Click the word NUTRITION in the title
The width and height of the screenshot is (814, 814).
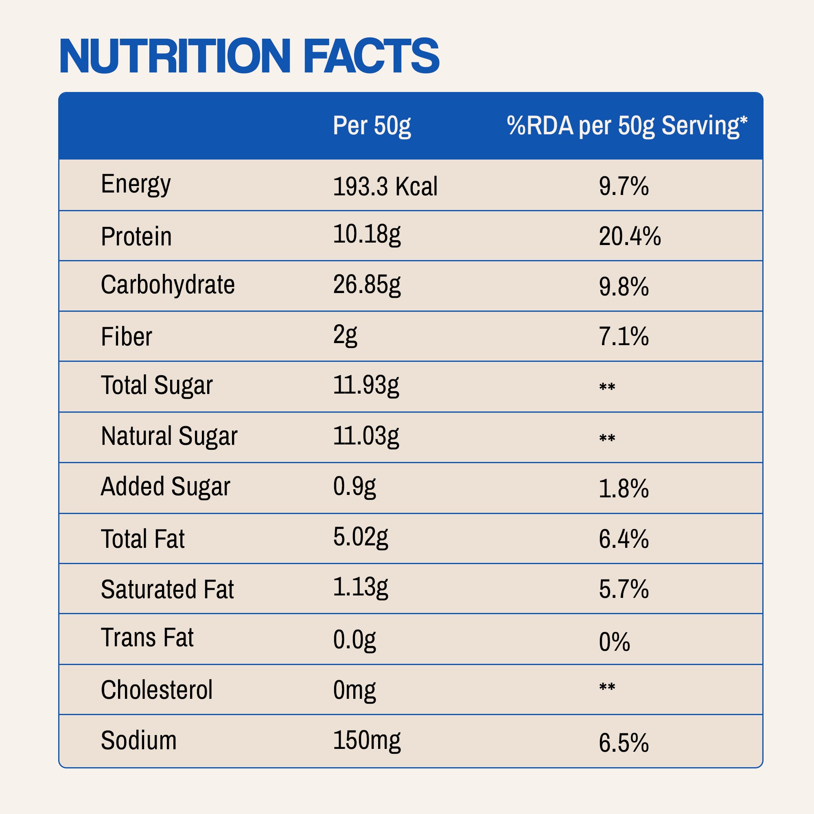coord(175,56)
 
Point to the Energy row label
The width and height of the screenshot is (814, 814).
coord(136,184)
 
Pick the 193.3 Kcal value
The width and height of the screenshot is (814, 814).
coord(385,186)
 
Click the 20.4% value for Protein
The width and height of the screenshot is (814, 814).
coord(630,236)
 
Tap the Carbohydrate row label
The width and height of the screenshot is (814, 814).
coord(168,285)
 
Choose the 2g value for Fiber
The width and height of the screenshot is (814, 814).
coord(345,336)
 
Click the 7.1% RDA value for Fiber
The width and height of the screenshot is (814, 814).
coord(624,337)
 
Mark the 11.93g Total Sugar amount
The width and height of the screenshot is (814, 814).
coord(366,385)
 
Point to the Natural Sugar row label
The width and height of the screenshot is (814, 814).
coord(169,436)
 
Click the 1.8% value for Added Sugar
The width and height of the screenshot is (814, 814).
coord(624,489)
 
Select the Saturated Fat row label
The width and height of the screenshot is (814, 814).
coord(167,589)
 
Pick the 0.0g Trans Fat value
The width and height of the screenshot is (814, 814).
coord(354,639)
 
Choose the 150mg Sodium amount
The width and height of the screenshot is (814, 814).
coord(367,740)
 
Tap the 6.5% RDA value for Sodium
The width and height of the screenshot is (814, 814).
coord(624,743)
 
